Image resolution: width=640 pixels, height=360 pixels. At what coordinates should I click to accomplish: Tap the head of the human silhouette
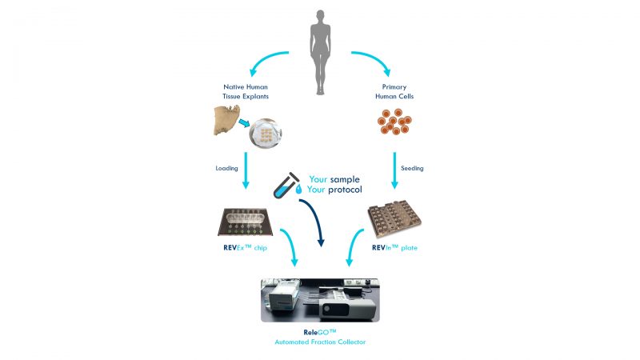point(320,16)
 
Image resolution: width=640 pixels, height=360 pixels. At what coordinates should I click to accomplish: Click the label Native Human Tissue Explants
point(246,90)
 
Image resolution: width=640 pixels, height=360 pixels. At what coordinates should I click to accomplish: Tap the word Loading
point(227,169)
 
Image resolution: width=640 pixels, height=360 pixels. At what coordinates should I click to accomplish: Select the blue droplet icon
point(298,191)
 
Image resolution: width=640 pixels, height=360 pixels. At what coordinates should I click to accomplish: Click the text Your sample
point(336,179)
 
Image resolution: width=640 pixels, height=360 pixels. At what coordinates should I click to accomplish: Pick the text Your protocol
point(336,190)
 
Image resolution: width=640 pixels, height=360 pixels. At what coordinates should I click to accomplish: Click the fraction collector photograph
point(319,299)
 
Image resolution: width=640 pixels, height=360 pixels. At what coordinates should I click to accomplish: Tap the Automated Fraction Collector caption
point(319,342)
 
